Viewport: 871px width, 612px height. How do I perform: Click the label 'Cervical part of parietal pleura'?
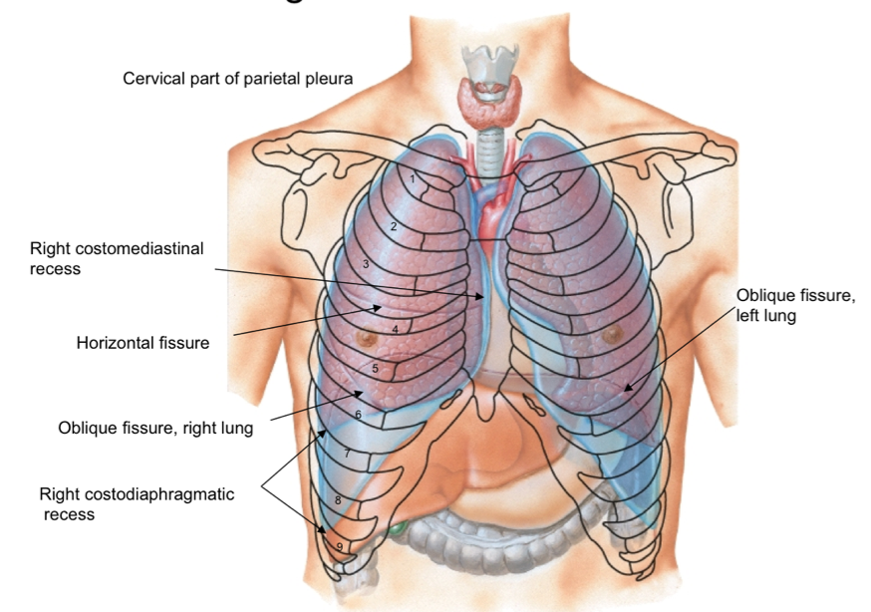pyautogui.click(x=237, y=78)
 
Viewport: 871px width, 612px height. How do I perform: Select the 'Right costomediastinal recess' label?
pyautogui.click(x=117, y=258)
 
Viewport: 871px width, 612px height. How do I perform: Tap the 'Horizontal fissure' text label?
pyautogui.click(x=143, y=343)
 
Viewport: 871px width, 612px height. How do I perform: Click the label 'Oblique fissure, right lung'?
pyautogui.click(x=155, y=429)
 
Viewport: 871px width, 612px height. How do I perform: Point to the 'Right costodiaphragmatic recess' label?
pyautogui.click(x=138, y=503)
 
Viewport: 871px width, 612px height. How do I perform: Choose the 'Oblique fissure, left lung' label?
pyautogui.click(x=793, y=305)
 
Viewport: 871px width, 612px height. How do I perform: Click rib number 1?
pyautogui.click(x=412, y=178)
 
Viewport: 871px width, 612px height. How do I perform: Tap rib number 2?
pyautogui.click(x=394, y=226)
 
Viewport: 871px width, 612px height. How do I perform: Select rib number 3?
pyautogui.click(x=366, y=264)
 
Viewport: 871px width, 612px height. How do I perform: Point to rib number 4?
pyautogui.click(x=395, y=329)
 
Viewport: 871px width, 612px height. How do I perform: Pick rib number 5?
pyautogui.click(x=375, y=369)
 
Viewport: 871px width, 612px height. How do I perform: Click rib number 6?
pyautogui.click(x=357, y=414)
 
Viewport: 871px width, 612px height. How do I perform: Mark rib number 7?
pyautogui.click(x=347, y=454)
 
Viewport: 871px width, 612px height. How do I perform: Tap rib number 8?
pyautogui.click(x=338, y=499)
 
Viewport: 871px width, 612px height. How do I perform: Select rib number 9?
pyautogui.click(x=340, y=547)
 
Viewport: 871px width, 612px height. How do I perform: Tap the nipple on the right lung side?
pyautogui.click(x=369, y=337)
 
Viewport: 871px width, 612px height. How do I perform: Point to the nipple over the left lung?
pyautogui.click(x=610, y=335)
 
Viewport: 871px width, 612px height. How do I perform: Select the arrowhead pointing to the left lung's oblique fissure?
pyautogui.click(x=626, y=388)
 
